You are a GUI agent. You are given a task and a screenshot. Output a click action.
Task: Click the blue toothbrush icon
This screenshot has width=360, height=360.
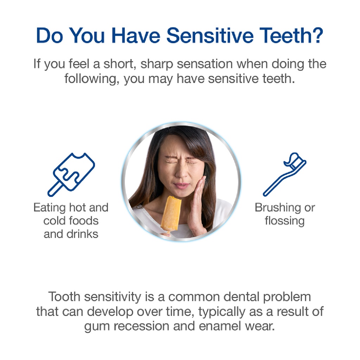point(284,174)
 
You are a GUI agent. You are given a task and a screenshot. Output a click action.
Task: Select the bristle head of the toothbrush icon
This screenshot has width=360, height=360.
point(295,161)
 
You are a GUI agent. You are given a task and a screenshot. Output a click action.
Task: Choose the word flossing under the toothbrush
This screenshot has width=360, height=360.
point(284,221)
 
